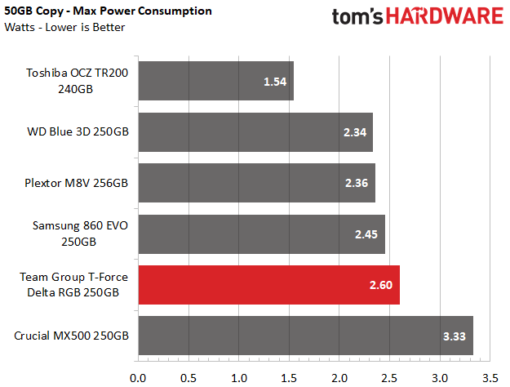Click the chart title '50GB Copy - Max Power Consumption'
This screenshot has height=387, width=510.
(108, 11)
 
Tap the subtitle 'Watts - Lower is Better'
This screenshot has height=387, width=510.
(64, 27)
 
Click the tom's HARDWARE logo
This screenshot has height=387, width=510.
(418, 16)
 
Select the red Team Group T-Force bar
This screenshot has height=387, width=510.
(269, 285)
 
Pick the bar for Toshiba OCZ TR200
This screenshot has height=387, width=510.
(216, 81)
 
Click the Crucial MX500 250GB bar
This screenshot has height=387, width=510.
(306, 336)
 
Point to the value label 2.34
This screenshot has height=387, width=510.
(355, 132)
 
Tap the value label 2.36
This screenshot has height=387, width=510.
(357, 183)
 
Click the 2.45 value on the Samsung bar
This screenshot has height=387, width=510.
(366, 234)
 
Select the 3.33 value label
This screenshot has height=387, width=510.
(455, 336)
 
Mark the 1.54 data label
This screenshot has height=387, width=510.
(275, 82)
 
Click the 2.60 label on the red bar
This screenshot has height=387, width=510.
(381, 285)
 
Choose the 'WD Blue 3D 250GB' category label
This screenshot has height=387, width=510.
(78, 131)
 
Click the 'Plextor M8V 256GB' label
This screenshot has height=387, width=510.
(77, 183)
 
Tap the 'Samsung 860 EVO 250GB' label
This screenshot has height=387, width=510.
(80, 234)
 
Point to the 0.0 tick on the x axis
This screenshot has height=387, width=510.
(138, 378)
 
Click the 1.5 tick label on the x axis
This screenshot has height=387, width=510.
(289, 378)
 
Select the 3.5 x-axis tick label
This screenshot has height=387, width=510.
(490, 378)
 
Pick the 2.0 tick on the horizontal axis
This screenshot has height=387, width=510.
(339, 378)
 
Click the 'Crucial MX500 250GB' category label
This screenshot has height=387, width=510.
(71, 336)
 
